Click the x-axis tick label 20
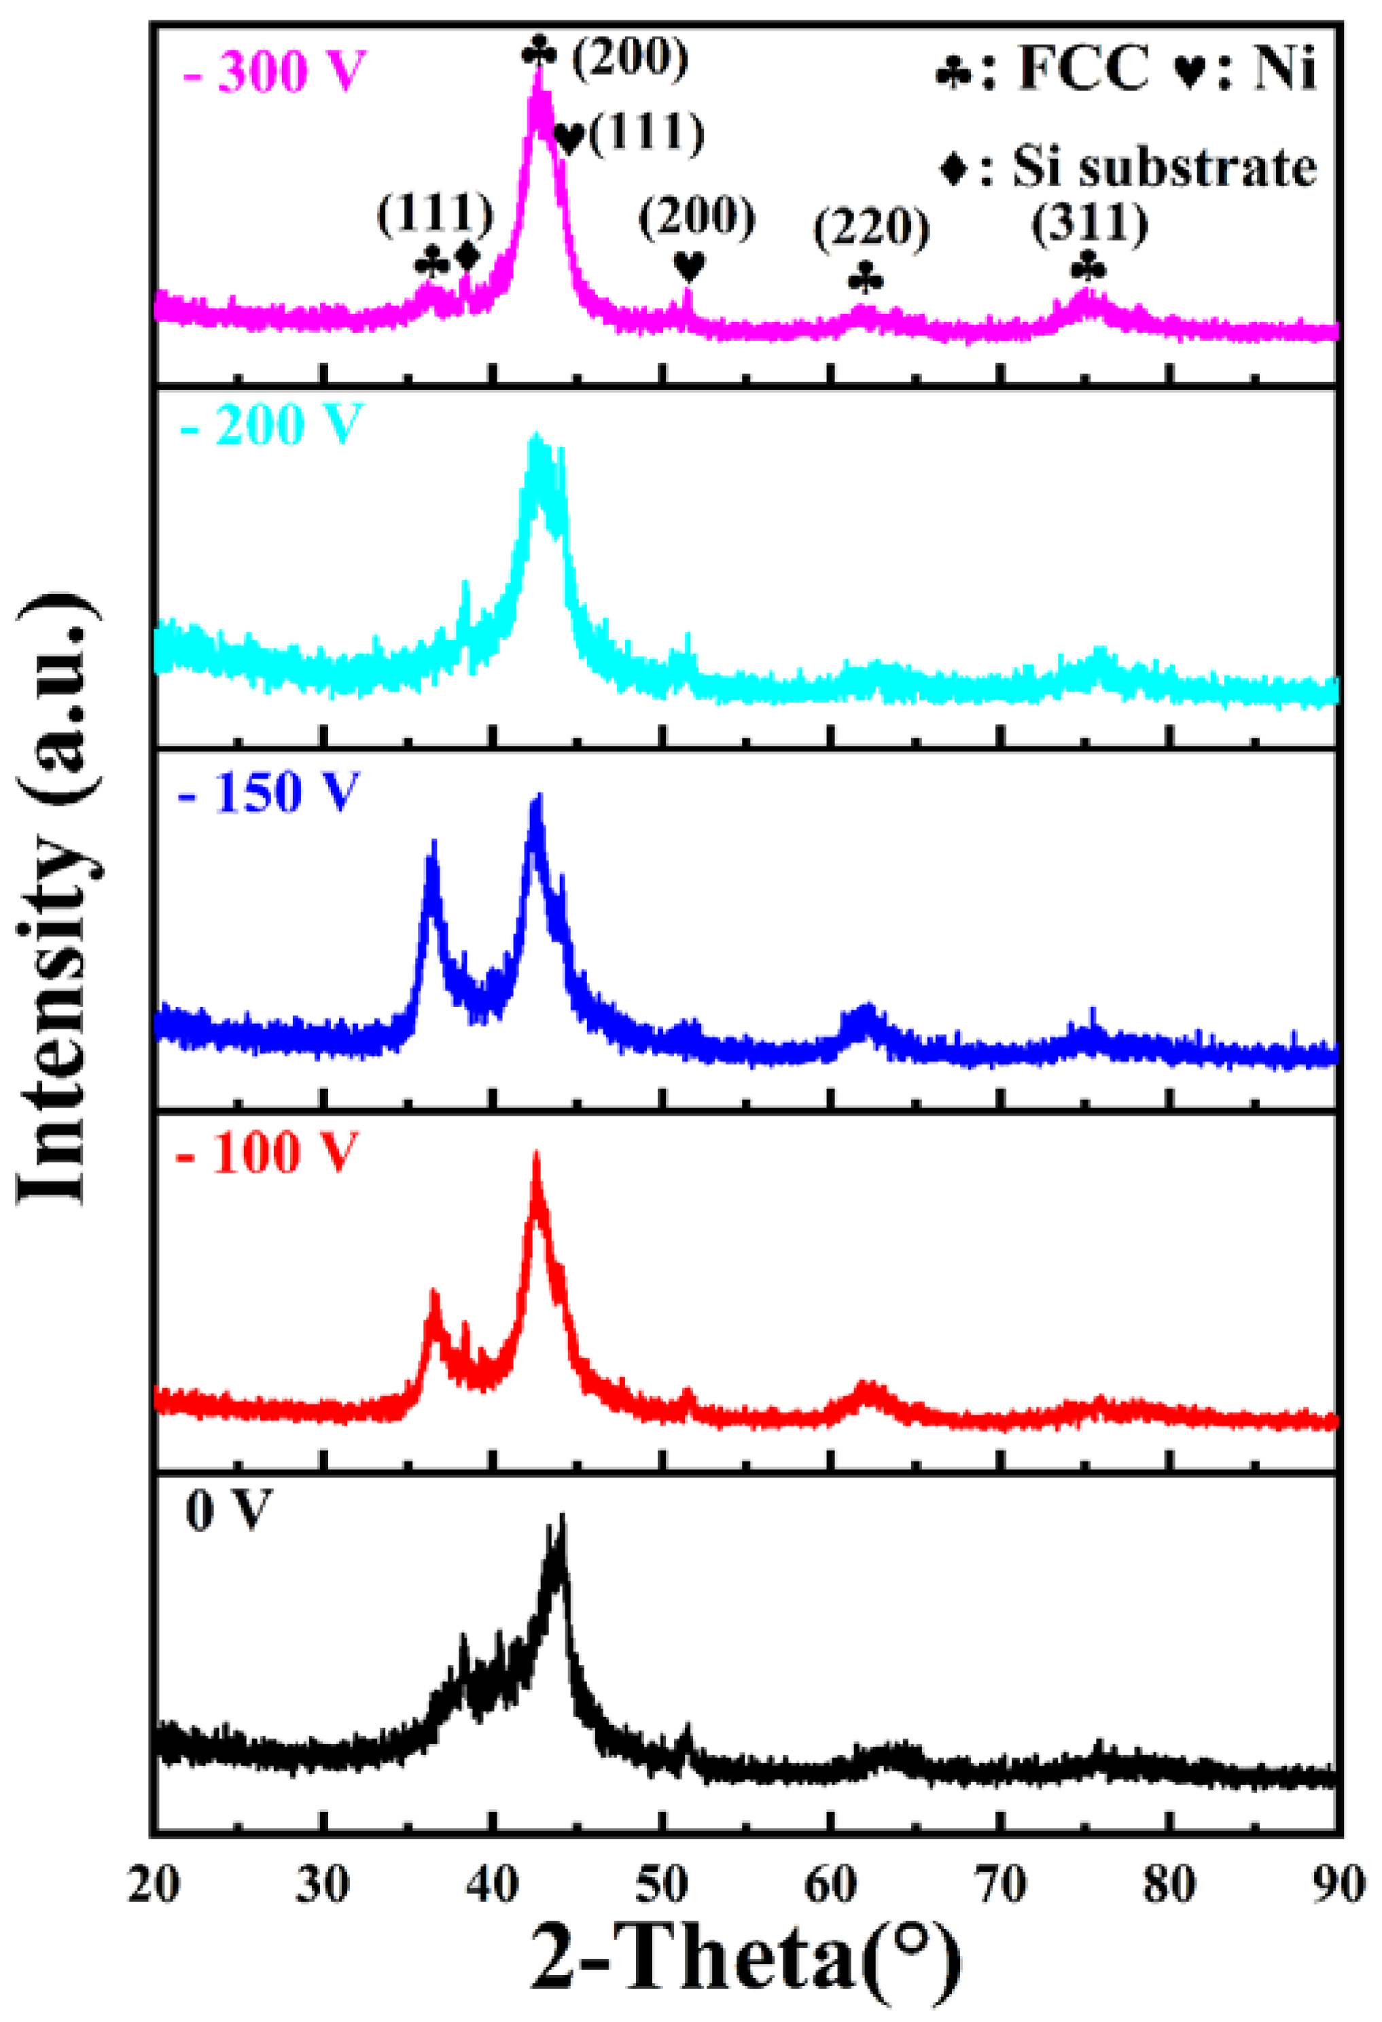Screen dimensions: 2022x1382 pyautogui.click(x=154, y=1885)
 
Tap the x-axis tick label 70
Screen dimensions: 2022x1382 pyautogui.click(x=1001, y=1885)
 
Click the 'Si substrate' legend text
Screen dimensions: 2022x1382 pyautogui.click(x=1164, y=166)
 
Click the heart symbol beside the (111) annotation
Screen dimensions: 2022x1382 pyautogui.click(x=569, y=137)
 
